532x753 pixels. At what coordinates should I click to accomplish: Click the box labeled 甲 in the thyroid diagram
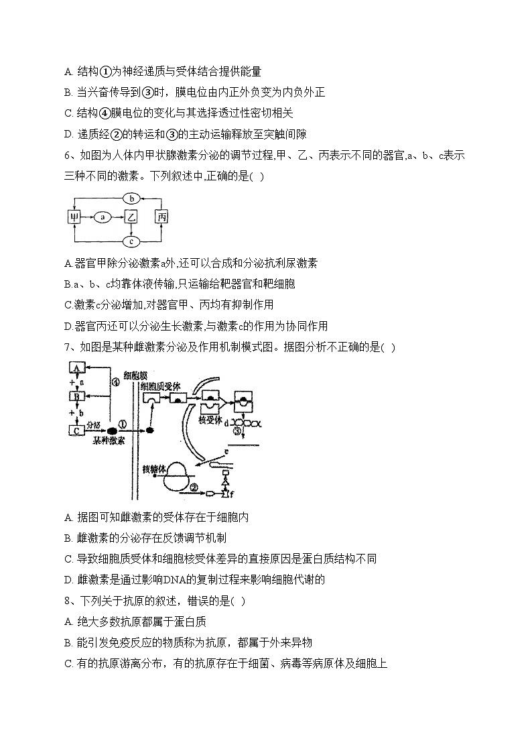point(75,217)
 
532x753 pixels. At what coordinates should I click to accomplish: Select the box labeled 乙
point(131,217)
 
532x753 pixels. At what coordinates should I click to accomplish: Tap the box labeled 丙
point(161,217)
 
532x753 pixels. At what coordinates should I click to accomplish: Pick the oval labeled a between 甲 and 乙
point(103,217)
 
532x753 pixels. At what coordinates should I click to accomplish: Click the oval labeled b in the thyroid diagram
point(133,198)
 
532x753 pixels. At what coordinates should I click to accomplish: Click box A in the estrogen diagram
point(76,368)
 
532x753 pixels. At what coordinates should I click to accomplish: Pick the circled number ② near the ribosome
point(194,487)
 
